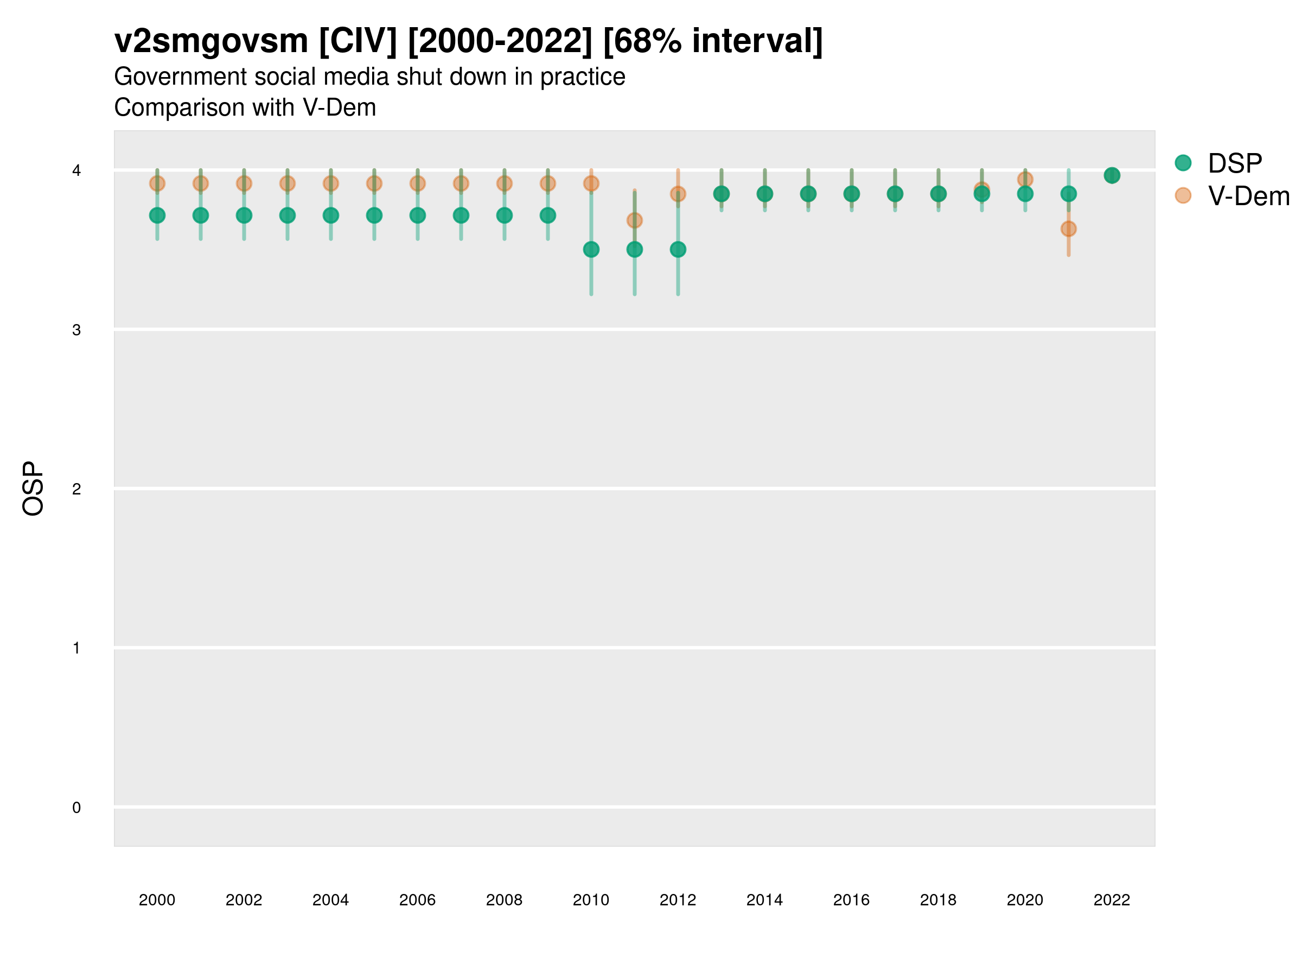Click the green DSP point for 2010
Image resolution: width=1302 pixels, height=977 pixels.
[591, 250]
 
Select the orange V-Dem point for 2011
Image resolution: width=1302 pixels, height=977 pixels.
[635, 220]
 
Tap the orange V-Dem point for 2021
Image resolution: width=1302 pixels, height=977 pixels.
[1068, 229]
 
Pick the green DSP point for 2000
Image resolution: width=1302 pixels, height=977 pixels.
[157, 215]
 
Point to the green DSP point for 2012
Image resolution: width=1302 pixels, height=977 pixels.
[678, 250]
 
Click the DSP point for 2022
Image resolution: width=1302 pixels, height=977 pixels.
[1112, 175]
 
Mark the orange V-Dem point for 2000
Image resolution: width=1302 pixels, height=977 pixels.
[157, 184]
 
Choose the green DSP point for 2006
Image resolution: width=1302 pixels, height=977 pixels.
[417, 215]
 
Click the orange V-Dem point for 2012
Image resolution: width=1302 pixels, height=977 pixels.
[678, 194]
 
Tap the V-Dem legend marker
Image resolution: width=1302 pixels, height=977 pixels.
[1183, 195]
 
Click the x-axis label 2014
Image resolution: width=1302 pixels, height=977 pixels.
[764, 900]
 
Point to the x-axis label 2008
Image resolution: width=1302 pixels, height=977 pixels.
[505, 900]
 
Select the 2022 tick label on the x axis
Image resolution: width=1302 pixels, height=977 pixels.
[1112, 900]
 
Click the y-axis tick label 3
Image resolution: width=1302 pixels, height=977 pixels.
[76, 330]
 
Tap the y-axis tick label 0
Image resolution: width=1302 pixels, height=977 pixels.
[76, 808]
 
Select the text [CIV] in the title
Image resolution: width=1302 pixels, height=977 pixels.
[358, 41]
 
